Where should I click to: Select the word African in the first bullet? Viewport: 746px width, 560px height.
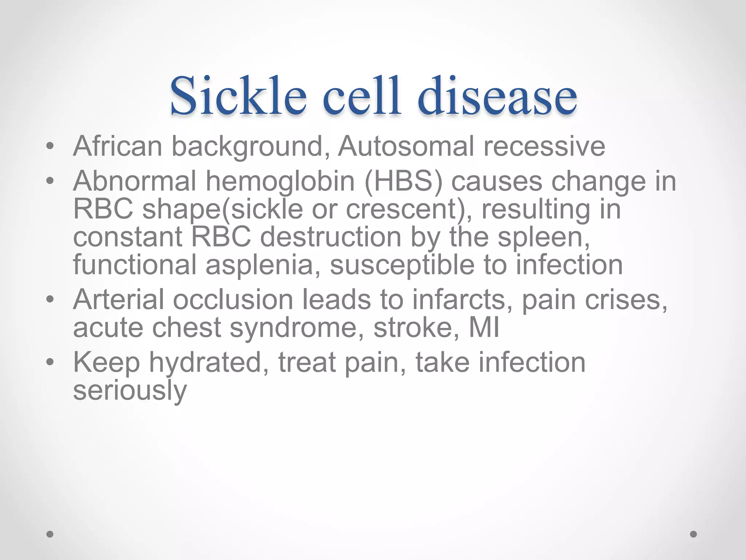(117, 146)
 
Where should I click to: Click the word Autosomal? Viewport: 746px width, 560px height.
(406, 146)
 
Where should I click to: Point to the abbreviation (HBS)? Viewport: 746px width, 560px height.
(403, 181)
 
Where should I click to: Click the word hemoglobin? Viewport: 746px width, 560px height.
(280, 182)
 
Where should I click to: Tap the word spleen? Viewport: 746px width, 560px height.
(543, 238)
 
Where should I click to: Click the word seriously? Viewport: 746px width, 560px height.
(130, 391)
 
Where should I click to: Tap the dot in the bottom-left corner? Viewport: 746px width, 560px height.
(50, 534)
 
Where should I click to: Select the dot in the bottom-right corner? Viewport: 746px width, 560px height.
(694, 534)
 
